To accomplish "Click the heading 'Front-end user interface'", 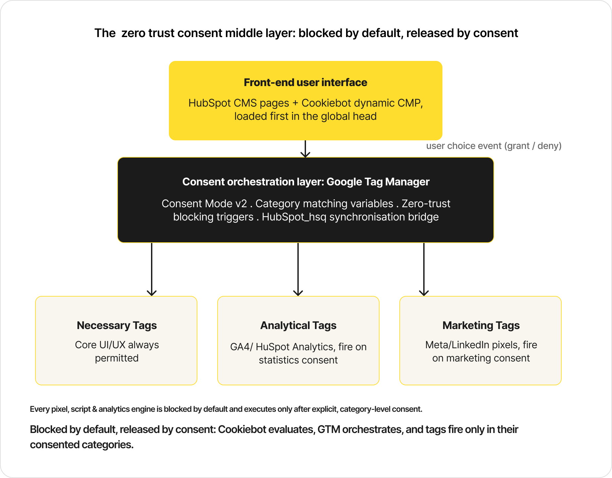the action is coord(305,82).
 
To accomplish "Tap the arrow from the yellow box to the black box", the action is coord(305,149).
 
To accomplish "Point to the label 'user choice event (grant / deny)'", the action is coord(494,146).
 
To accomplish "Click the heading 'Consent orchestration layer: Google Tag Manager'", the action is coord(306,182).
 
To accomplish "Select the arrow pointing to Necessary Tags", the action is coord(152,269).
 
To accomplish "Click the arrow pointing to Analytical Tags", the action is coord(298,269).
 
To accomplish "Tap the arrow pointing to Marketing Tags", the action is coord(424,269).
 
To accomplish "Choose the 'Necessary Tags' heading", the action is coord(117,325).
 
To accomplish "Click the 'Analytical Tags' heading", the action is coord(298,325).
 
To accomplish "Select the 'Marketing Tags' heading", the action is coord(481,325).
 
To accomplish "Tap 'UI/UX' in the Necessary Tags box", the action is coord(112,345).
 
